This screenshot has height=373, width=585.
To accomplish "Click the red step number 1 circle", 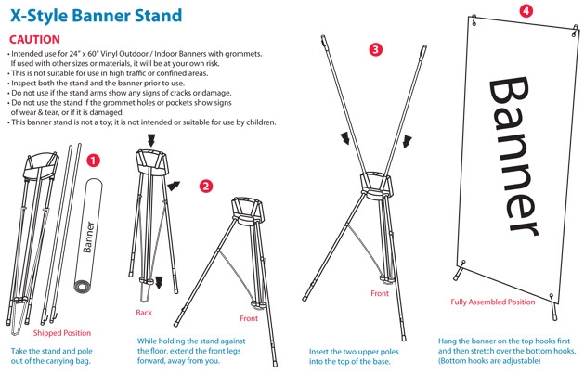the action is click(x=93, y=161).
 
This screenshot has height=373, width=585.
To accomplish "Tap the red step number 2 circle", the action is click(x=206, y=186).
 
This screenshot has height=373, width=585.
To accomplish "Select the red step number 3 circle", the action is click(x=375, y=49).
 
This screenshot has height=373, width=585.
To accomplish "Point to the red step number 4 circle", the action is click(x=526, y=10).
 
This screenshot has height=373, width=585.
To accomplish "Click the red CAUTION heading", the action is click(x=34, y=40).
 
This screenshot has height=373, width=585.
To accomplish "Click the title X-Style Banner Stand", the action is click(x=96, y=16).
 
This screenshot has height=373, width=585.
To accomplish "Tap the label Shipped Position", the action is click(x=62, y=333).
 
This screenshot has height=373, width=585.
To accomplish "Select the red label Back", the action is click(x=144, y=313).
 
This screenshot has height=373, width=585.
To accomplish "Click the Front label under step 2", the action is click(x=249, y=318).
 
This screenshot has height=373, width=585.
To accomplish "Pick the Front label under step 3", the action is click(x=380, y=293).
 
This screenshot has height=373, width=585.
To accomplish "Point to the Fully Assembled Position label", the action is click(x=493, y=302).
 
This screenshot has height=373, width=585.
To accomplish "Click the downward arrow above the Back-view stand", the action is click(x=151, y=140).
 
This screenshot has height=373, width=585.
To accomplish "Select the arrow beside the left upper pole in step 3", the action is click(x=345, y=138).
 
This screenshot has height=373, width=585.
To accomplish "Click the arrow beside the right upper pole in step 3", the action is click(x=408, y=142).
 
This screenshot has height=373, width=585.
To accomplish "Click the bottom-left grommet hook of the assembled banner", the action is click(x=463, y=264).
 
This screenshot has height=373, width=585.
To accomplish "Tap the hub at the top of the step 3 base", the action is click(x=376, y=184).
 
